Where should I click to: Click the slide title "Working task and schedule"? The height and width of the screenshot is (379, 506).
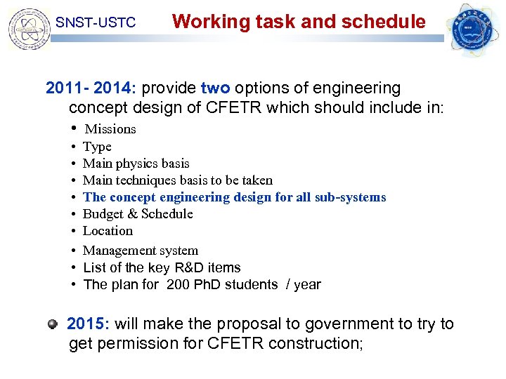(299, 21)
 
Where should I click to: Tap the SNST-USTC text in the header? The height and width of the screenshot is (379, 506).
(95, 23)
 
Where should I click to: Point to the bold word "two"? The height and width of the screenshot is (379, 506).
(215, 88)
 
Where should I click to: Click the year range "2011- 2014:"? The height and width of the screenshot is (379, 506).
(91, 88)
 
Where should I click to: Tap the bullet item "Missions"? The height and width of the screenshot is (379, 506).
(110, 129)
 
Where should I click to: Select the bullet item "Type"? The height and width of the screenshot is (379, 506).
(97, 147)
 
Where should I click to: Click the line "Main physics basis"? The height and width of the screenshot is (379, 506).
(136, 164)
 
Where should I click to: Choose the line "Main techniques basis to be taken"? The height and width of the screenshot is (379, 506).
(177, 180)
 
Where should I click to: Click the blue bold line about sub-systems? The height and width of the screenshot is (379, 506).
(234, 197)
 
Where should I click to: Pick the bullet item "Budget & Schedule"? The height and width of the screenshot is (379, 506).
(138, 214)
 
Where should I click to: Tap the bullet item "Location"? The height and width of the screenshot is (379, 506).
(108, 231)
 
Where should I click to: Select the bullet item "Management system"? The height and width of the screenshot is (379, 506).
(141, 251)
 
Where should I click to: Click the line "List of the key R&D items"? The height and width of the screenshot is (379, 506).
(162, 267)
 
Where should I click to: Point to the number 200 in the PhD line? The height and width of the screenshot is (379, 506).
(178, 284)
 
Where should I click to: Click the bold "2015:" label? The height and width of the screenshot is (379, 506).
(89, 324)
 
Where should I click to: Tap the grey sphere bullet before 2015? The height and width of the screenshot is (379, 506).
(53, 324)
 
